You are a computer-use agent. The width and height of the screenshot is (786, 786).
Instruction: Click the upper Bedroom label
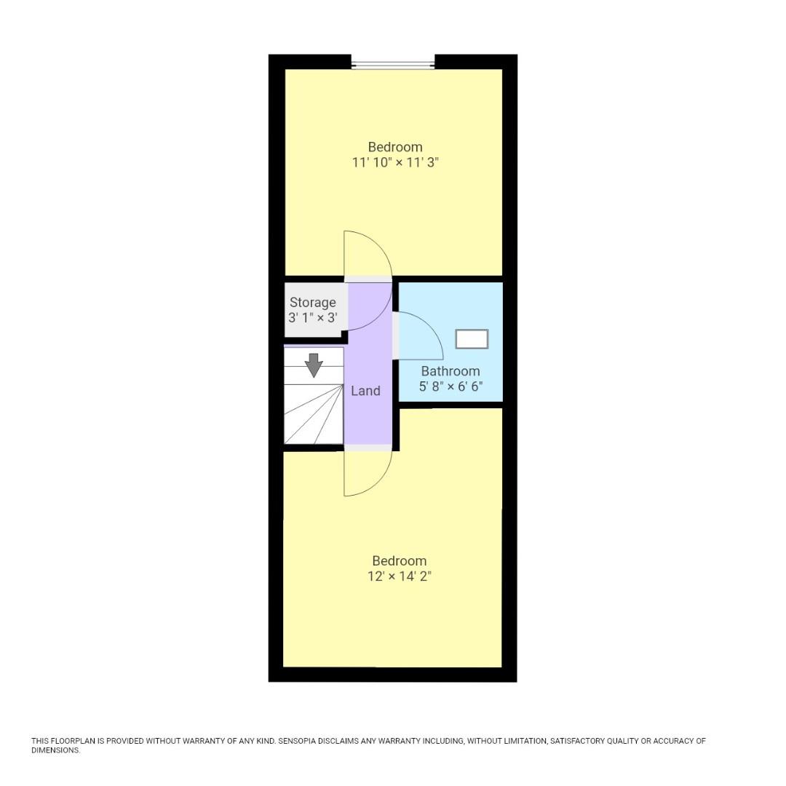tap(394, 146)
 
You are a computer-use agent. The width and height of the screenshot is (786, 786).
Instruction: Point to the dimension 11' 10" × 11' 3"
tap(394, 162)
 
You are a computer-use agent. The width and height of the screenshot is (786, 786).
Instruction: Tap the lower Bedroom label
tap(399, 560)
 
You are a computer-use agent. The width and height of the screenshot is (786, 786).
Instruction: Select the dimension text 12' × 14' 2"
tap(399, 576)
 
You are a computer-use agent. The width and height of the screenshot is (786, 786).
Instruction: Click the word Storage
tap(313, 302)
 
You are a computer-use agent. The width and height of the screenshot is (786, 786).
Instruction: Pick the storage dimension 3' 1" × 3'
tap(313, 317)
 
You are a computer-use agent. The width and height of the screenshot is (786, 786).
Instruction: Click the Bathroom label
tap(450, 371)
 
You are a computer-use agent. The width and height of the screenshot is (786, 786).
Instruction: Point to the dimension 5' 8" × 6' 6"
tap(450, 386)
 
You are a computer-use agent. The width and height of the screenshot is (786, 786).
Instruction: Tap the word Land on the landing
tap(365, 391)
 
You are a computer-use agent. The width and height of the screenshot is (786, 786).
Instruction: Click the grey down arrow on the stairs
tap(314, 365)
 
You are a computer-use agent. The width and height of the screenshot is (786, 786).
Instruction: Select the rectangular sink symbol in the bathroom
tap(472, 339)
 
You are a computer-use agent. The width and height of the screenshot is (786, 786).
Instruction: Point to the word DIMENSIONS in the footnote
tap(55, 750)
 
